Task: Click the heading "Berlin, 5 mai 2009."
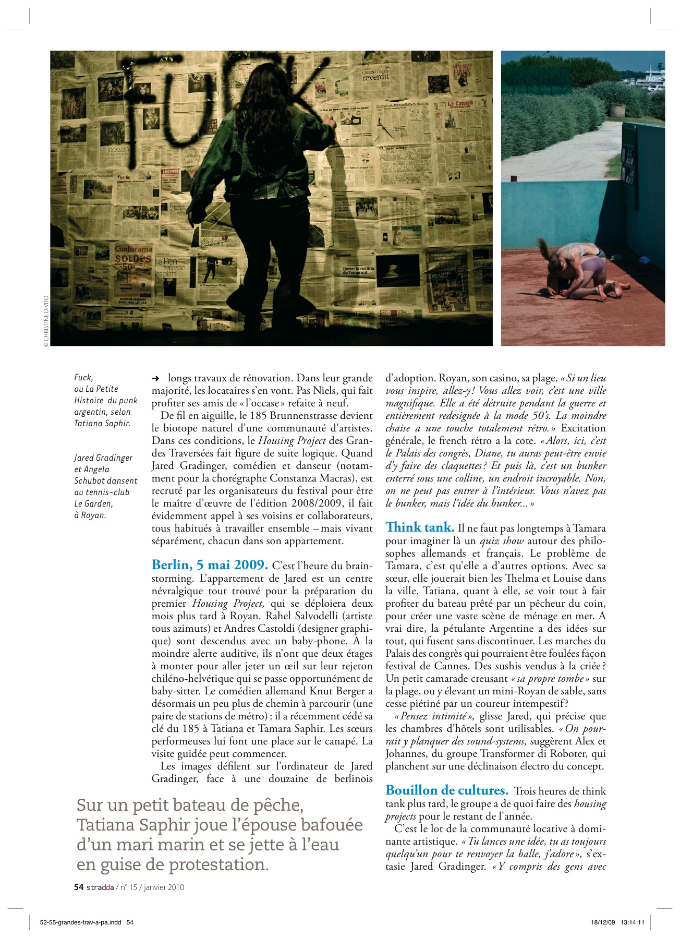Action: point(210,565)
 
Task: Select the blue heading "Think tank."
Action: point(420,527)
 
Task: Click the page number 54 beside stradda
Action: point(79,887)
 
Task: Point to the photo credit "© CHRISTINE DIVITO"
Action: point(46,321)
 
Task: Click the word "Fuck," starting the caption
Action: point(83,377)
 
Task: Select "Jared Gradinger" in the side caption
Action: point(103,458)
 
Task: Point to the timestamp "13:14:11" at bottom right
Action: point(632,922)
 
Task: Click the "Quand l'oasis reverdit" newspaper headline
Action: point(375,75)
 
